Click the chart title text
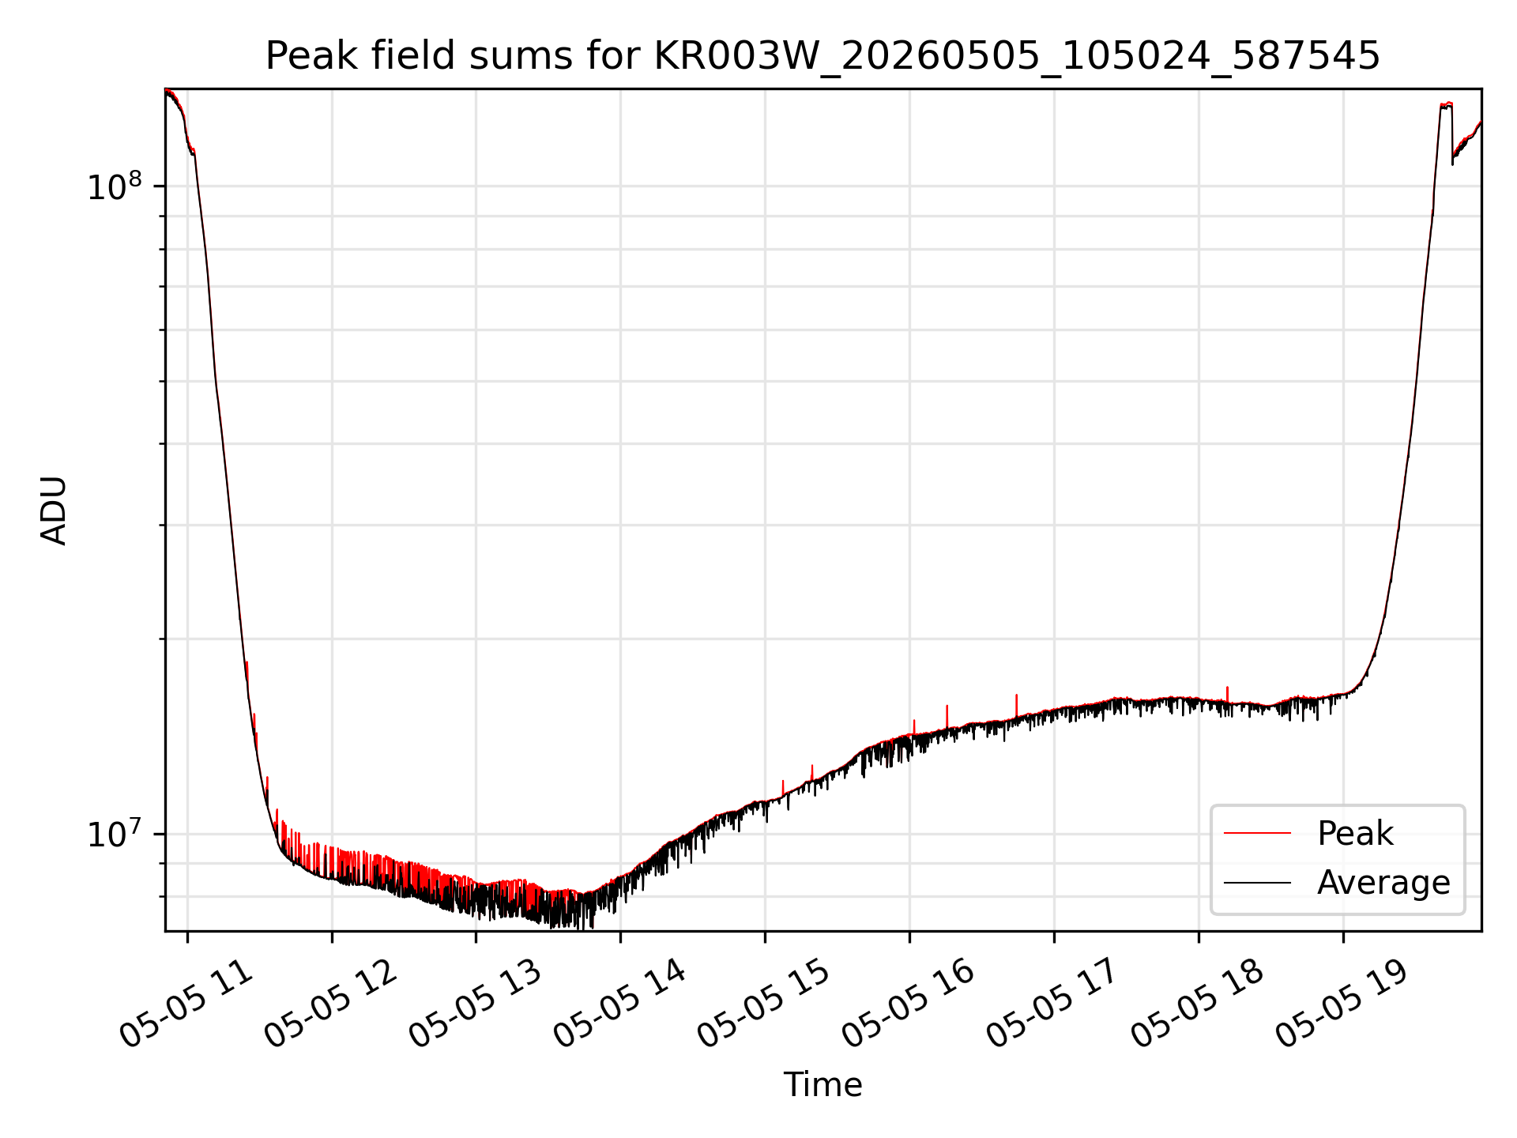coord(822,56)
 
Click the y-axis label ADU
coord(54,511)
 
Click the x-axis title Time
coord(822,1084)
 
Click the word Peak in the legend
coord(1355,834)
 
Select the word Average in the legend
coord(1383,883)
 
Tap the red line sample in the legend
coord(1257,834)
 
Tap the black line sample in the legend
coord(1257,883)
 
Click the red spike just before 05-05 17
coord(1016,707)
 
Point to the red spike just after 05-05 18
coord(1227,695)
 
